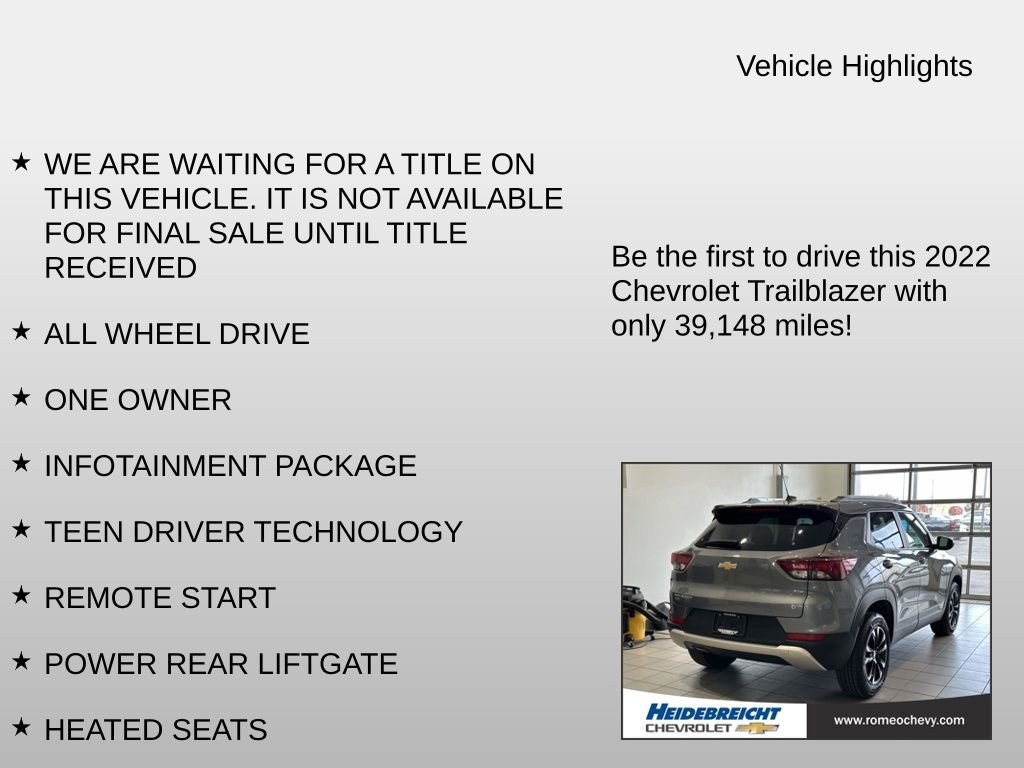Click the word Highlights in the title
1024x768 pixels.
(906, 66)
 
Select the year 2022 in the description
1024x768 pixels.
(957, 257)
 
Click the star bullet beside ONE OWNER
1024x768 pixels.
(21, 397)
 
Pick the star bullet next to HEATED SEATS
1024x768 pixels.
(21, 727)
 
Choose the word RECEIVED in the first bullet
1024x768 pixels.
(120, 268)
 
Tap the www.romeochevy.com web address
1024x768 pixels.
(898, 720)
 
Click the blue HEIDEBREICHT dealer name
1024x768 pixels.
(712, 712)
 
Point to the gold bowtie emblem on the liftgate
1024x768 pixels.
(727, 566)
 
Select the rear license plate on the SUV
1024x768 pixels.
(729, 622)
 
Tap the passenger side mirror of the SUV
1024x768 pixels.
(943, 542)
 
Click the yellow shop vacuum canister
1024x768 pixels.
(637, 625)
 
